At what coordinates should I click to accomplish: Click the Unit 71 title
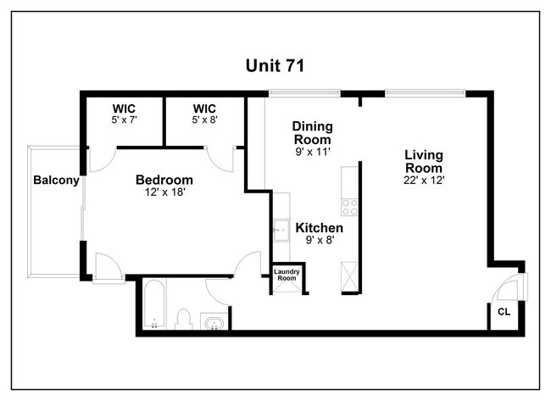tap(275, 65)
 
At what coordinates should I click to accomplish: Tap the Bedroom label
tap(164, 180)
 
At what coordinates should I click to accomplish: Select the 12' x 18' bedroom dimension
tap(164, 192)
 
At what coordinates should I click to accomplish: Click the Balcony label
tap(56, 180)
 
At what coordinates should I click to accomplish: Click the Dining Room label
tap(311, 132)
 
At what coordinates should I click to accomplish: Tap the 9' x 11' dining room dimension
tap(311, 152)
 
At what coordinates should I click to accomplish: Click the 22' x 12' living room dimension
tap(425, 180)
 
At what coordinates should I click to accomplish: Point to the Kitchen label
tap(319, 228)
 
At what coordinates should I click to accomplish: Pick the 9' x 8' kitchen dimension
tap(319, 241)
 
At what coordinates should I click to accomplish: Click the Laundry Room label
tap(286, 275)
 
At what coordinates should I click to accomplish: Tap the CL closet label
tap(504, 312)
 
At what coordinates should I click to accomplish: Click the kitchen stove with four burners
tap(349, 206)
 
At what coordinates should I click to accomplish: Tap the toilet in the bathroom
tap(183, 319)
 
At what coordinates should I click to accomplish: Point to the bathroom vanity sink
tap(214, 322)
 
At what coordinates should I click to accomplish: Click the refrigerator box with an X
tap(349, 276)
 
